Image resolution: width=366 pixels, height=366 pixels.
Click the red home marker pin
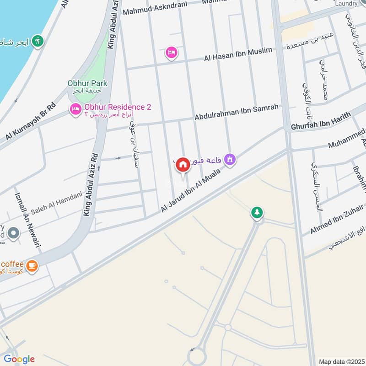(183, 164)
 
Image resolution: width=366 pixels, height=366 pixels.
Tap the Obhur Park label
(87, 83)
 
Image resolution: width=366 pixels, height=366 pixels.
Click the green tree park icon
(257, 212)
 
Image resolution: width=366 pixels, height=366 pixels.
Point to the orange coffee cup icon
(32, 265)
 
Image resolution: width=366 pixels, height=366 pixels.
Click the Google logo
(19, 359)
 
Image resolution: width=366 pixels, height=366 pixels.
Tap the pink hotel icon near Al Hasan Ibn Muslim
(172, 53)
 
